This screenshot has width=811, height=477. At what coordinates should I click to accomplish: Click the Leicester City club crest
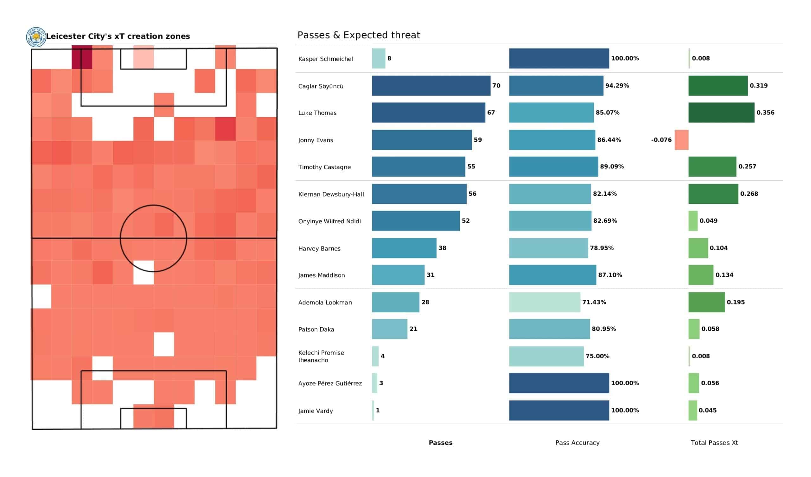pyautogui.click(x=36, y=37)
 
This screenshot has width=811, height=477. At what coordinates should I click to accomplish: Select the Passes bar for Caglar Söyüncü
pyautogui.click(x=431, y=86)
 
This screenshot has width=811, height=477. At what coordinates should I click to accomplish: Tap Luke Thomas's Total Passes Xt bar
pyautogui.click(x=721, y=113)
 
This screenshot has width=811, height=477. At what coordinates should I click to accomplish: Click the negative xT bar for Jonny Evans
pyautogui.click(x=681, y=140)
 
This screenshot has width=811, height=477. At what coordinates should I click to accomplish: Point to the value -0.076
pyautogui.click(x=661, y=140)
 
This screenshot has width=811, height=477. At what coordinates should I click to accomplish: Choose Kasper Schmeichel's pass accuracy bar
pyautogui.click(x=559, y=58)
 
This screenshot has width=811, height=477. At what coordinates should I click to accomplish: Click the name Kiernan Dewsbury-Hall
pyautogui.click(x=331, y=194)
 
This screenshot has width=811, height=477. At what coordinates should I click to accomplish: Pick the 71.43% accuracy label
pyautogui.click(x=594, y=302)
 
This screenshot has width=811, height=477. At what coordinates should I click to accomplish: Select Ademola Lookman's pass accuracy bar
pyautogui.click(x=545, y=302)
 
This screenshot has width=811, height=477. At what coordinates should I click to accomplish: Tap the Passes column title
pyautogui.click(x=440, y=443)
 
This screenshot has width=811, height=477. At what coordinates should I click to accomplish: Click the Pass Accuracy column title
pyautogui.click(x=577, y=443)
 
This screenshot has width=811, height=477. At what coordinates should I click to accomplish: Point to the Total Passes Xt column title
pyautogui.click(x=714, y=443)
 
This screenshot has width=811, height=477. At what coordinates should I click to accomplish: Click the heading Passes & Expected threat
pyautogui.click(x=359, y=35)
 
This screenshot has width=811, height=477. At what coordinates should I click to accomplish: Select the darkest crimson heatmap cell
pyautogui.click(x=82, y=57)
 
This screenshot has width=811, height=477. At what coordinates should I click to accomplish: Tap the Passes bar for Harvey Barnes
pyautogui.click(x=404, y=248)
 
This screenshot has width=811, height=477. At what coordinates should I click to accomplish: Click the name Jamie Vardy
pyautogui.click(x=316, y=411)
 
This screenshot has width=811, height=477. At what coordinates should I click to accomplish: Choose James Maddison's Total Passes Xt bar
pyautogui.click(x=701, y=275)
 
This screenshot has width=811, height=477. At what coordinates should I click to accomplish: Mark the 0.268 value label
pyautogui.click(x=749, y=194)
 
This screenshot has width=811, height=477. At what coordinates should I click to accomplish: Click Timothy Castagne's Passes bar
pyautogui.click(x=418, y=167)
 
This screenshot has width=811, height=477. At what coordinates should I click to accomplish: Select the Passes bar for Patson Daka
pyautogui.click(x=389, y=329)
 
